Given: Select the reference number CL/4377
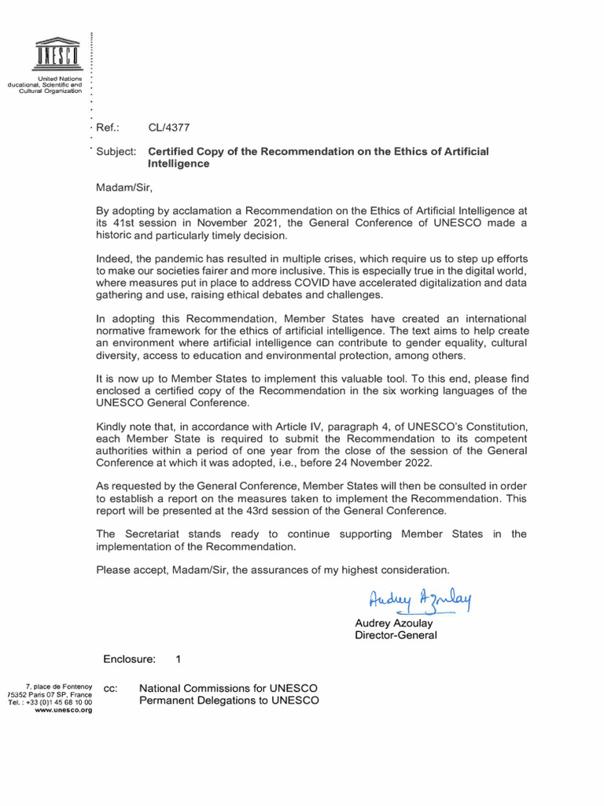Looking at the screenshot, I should (x=169, y=127).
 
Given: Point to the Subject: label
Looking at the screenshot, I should (x=116, y=150).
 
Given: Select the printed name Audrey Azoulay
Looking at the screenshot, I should (x=395, y=623).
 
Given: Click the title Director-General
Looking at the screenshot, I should (x=396, y=635).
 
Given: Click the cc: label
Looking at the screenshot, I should (x=110, y=689).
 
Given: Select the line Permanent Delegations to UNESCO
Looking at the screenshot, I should (x=229, y=701).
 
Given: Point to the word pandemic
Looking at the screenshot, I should (x=179, y=258).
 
